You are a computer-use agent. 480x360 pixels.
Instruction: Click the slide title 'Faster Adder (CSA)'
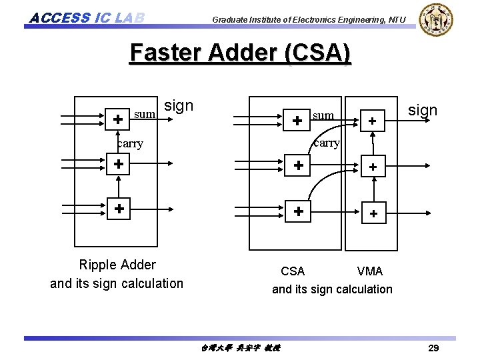(x=240, y=53)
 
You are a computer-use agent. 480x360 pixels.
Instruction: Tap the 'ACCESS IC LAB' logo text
(x=87, y=17)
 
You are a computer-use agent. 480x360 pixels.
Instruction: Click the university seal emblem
(x=437, y=20)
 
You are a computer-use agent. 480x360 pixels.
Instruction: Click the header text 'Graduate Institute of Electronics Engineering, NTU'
(x=308, y=20)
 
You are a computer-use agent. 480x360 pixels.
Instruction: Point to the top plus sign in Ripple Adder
(x=117, y=120)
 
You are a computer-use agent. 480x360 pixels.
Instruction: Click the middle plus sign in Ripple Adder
(x=118, y=163)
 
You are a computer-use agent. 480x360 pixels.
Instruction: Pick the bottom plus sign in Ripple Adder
(x=118, y=208)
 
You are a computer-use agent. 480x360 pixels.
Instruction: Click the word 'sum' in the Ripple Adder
(x=145, y=115)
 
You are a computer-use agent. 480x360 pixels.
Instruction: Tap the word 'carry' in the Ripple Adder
(x=130, y=143)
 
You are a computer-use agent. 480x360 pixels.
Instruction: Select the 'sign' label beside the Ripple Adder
(x=179, y=105)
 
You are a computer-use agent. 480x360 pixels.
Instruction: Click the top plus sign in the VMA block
(x=373, y=121)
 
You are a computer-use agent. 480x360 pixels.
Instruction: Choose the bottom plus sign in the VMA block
(x=373, y=214)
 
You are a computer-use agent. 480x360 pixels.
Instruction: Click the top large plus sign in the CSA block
(x=298, y=121)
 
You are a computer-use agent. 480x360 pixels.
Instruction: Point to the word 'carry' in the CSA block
(x=327, y=143)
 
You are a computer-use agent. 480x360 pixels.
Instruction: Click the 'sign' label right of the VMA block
(x=422, y=110)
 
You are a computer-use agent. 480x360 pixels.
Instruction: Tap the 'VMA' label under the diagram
(x=370, y=271)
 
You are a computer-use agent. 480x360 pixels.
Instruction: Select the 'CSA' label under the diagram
(x=293, y=271)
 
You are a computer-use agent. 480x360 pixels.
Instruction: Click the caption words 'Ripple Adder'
(x=117, y=265)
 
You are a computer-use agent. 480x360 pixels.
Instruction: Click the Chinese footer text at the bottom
(x=240, y=348)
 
